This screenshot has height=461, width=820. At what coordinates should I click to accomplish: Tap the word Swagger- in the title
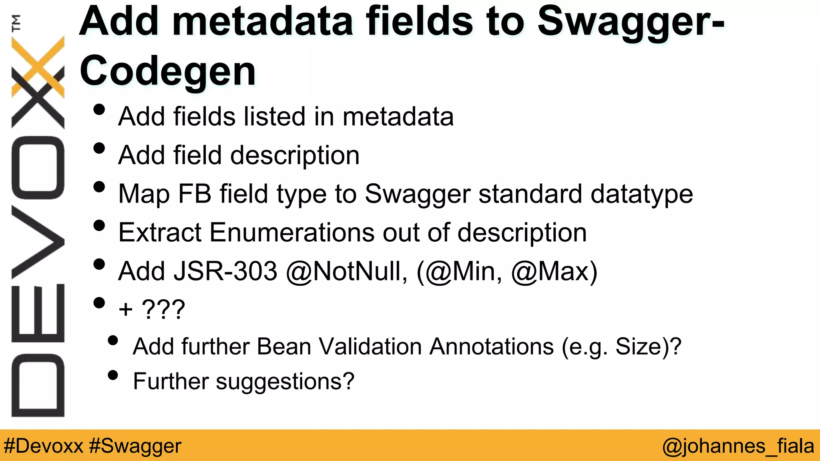[x=630, y=22]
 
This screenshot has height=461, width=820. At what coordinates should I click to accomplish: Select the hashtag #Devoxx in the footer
[x=43, y=446]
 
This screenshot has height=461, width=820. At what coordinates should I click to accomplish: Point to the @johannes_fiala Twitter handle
[x=738, y=446]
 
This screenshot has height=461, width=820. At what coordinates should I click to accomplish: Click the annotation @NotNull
[x=347, y=271]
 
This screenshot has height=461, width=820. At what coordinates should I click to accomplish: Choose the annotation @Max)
[x=555, y=271]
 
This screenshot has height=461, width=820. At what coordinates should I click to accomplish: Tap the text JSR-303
[x=225, y=271]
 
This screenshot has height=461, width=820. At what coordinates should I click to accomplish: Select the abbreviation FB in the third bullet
[x=195, y=194]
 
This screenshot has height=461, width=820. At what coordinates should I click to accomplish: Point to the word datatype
[x=641, y=194]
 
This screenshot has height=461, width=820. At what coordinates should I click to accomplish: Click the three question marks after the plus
[x=163, y=309]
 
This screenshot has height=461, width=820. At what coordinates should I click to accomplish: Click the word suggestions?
[x=285, y=381]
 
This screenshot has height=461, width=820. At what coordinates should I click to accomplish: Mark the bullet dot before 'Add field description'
[x=99, y=148]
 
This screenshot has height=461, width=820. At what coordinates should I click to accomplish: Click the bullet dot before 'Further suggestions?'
[x=113, y=375]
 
